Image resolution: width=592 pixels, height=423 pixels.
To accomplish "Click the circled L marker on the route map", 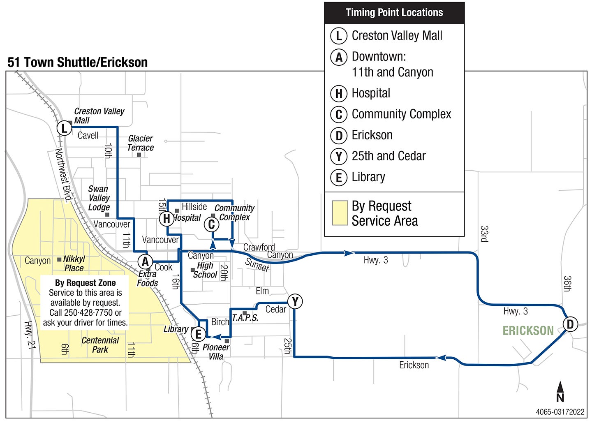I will tap(64, 128).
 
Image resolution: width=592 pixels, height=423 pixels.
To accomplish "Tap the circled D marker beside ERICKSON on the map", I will tap(570, 324).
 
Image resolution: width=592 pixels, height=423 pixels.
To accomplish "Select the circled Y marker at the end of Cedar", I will tap(295, 302).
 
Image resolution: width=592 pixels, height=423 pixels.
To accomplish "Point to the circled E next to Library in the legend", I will tap(339, 178).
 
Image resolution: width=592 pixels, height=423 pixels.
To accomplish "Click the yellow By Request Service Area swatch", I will tap(340, 213).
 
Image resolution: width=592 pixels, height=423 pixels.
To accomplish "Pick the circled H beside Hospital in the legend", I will tap(339, 94).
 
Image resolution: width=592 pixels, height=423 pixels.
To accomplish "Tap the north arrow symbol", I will tap(560, 391).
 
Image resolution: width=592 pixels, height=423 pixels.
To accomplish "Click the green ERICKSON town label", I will tap(528, 331).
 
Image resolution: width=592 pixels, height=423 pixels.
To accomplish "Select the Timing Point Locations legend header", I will tap(394, 13).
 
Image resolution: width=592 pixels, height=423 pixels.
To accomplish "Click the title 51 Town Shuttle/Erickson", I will tap(78, 62).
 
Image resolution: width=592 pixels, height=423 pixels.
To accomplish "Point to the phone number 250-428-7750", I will tap(88, 313).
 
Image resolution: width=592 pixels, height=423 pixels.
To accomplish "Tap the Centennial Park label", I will tap(100, 345).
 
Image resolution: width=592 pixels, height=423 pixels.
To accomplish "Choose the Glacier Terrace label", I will tap(140, 143).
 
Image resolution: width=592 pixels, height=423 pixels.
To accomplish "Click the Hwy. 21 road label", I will tap(30, 335).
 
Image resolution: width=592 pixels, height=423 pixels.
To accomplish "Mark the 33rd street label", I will tap(484, 234).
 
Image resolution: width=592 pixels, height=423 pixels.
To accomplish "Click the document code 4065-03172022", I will tap(560, 412).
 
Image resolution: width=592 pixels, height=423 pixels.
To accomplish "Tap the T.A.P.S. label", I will tap(245, 318).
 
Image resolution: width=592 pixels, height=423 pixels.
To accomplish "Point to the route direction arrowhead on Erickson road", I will tap(441, 358).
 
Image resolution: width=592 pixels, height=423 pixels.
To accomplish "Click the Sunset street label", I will tap(257, 265).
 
